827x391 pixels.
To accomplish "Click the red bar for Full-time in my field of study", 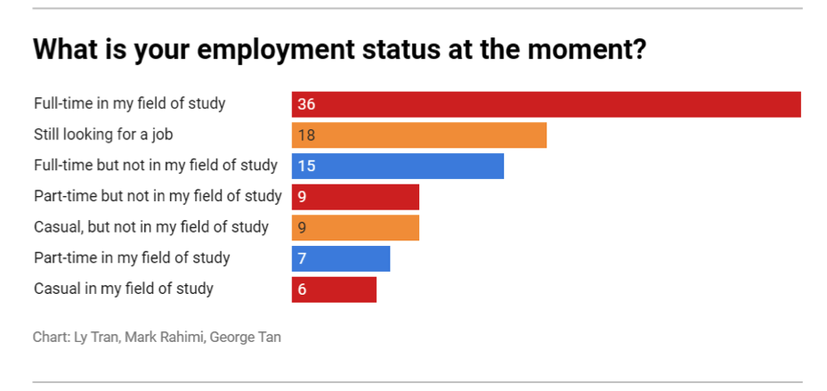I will tap(546, 104).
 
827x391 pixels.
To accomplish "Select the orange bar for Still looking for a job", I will tap(418, 135).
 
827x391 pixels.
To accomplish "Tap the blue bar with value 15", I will tap(397, 166).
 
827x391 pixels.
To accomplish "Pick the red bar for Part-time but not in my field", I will tap(355, 197).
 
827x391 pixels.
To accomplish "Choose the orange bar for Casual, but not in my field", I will tap(355, 227).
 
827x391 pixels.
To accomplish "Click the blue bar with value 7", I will tap(341, 258).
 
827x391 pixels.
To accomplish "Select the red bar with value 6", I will tap(334, 289).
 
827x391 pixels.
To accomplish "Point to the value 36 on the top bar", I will tap(306, 104).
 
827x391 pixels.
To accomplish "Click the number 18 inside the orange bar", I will tap(306, 135).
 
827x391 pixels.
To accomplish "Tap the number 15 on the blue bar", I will tap(306, 166).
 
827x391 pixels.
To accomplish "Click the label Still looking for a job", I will tap(103, 134).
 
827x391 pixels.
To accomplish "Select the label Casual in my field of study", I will tap(124, 289).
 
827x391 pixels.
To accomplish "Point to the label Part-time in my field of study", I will tap(132, 257).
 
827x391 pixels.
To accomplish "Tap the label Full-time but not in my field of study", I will tap(156, 166).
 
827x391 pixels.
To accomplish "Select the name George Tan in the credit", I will tap(245, 338).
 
